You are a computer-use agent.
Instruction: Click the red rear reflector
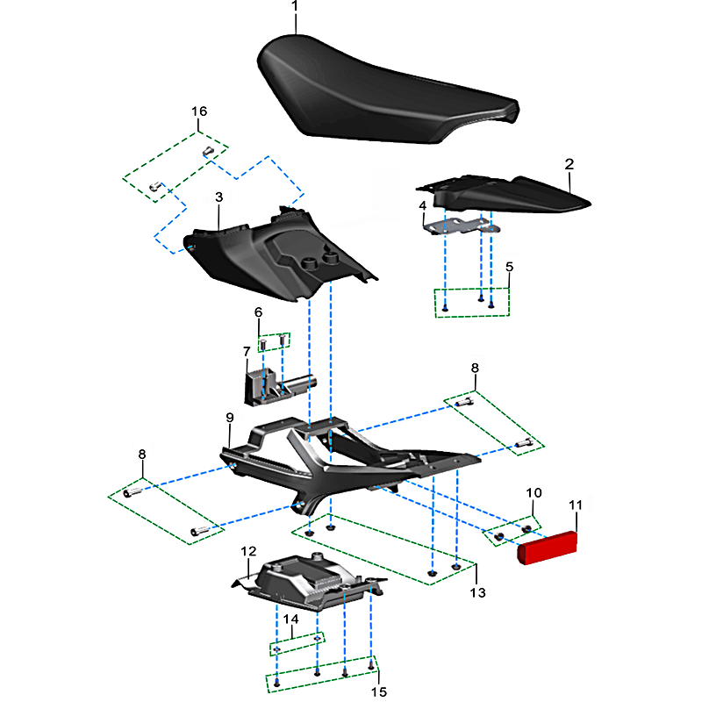click(x=547, y=547)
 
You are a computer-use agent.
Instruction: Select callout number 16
click(x=199, y=111)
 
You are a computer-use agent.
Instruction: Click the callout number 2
click(x=569, y=164)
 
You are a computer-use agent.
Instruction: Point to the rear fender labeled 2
click(x=506, y=195)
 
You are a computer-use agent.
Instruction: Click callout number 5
click(x=509, y=267)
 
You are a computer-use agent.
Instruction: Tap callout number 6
click(x=258, y=312)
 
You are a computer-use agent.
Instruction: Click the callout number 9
click(x=230, y=418)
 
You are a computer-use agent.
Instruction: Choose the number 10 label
click(x=534, y=493)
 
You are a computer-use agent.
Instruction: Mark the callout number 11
click(x=576, y=505)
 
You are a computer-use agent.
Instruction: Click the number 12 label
click(x=248, y=551)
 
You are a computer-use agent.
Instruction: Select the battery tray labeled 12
click(x=309, y=582)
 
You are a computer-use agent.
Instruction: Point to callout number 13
click(x=477, y=592)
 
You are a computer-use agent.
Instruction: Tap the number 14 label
click(x=290, y=619)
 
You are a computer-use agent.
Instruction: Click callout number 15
click(x=379, y=691)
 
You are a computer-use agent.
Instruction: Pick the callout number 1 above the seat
click(x=294, y=6)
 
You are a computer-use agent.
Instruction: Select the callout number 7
click(x=247, y=352)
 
